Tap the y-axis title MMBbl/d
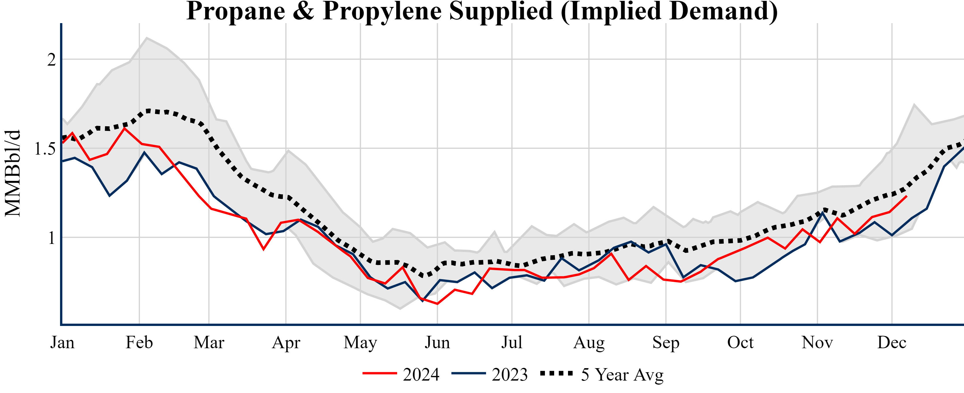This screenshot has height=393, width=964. pos(13,173)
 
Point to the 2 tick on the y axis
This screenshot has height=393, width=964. pos(51,60)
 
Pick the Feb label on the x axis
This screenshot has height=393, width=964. pos(139,342)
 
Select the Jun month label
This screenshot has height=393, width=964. pos(437,342)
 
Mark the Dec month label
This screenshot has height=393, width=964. pos(892,342)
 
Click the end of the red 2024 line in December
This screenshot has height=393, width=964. pos(906,196)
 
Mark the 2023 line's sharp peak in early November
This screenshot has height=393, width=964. pos(822,212)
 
